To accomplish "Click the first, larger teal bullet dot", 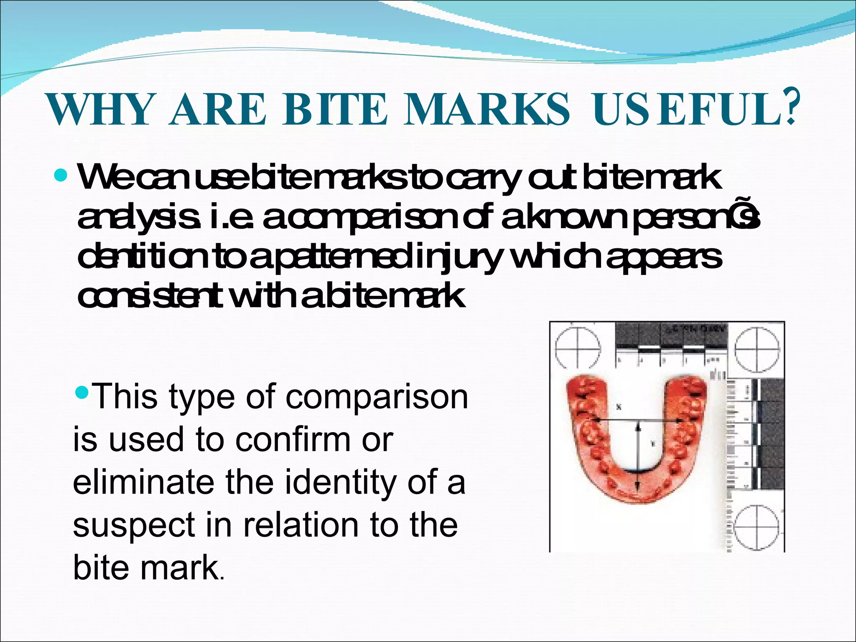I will click(x=61, y=176).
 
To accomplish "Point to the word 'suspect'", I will click(x=134, y=525).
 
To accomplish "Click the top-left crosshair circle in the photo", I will click(x=578, y=348).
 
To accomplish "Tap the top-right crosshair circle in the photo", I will click(x=757, y=348).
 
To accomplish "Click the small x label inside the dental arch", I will click(x=619, y=406).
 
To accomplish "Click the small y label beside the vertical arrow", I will click(x=652, y=444).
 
